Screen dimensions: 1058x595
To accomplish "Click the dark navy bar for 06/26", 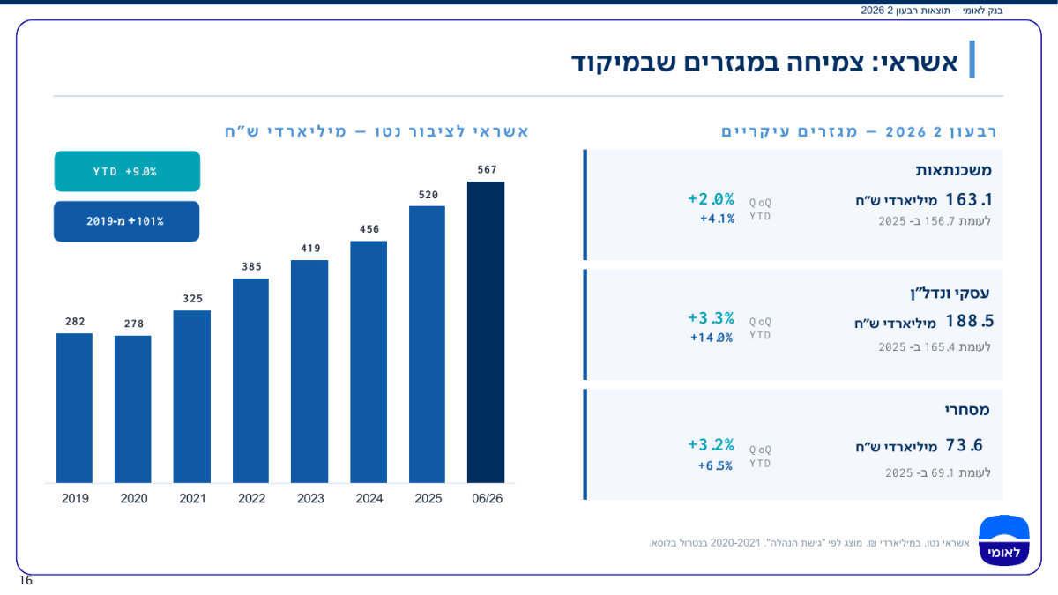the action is tap(486, 332).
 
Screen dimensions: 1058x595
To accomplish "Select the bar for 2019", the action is tap(74, 408).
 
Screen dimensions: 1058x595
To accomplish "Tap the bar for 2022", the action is tap(250, 381).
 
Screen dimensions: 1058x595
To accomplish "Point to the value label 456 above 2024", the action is tap(369, 229).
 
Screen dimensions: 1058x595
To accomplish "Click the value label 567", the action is tap(487, 169).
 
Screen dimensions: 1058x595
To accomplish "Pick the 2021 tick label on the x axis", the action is tap(192, 498).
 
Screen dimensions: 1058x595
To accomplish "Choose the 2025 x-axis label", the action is tap(428, 498).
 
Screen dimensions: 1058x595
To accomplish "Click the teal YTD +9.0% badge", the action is tap(127, 171).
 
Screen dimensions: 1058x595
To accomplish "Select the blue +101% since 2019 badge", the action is tap(127, 221).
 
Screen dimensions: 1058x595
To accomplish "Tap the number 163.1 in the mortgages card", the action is tap(968, 199).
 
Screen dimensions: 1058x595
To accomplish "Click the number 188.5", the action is tap(969, 321).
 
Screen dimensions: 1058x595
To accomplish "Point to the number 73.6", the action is tap(964, 445).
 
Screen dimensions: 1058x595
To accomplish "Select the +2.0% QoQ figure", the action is tap(711, 199).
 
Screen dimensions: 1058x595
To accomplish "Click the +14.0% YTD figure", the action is tap(712, 338).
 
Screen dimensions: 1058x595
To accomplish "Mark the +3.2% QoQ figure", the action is tap(711, 444).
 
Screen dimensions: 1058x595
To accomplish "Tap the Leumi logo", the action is tap(1003, 540).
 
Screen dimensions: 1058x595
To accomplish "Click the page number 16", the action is tap(26, 580).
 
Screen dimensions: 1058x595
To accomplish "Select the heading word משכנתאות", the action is tap(953, 170).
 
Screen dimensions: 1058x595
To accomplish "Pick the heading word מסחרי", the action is tap(967, 409).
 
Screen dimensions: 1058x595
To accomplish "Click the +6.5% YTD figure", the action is tap(715, 465).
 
